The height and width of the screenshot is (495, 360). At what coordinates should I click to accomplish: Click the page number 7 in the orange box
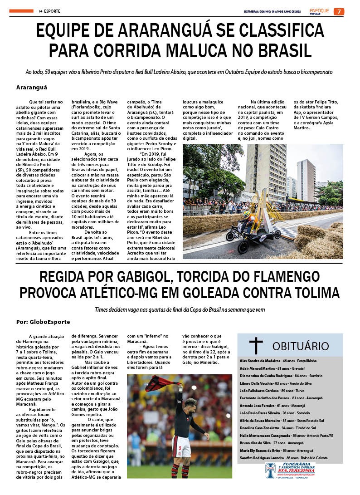click(x=339, y=11)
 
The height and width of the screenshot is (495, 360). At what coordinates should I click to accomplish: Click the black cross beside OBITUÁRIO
click(x=256, y=345)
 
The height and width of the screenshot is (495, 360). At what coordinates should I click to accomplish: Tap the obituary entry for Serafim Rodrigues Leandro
click(x=283, y=457)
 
